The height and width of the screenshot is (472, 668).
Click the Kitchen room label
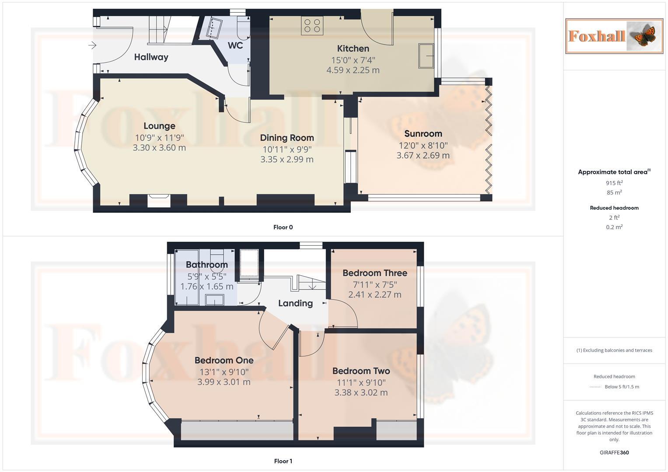pyautogui.click(x=353, y=49)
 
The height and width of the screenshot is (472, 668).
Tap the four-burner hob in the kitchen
pyautogui.click(x=311, y=25)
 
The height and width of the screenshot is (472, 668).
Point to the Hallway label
pyautogui.click(x=151, y=57)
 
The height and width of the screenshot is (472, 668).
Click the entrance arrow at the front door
pyautogui.click(x=92, y=45)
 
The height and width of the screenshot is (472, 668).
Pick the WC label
pyautogui.click(x=235, y=45)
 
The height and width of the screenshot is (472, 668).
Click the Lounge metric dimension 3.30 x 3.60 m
pyautogui.click(x=159, y=148)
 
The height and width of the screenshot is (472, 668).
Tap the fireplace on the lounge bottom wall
pyautogui.click(x=158, y=201)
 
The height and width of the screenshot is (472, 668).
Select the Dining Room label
pyautogui.click(x=287, y=138)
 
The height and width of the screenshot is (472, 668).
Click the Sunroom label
pyautogui.click(x=423, y=134)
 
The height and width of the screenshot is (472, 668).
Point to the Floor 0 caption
pyautogui.click(x=283, y=227)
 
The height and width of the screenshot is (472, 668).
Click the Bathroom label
pyautogui.click(x=206, y=264)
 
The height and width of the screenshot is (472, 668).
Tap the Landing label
pyautogui.click(x=295, y=303)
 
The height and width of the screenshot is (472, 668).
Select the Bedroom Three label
pyautogui.click(x=374, y=273)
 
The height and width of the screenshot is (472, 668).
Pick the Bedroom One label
pyautogui.click(x=224, y=361)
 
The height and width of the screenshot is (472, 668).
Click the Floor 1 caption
pyautogui.click(x=283, y=461)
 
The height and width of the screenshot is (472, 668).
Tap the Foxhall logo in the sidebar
pyautogui.click(x=614, y=36)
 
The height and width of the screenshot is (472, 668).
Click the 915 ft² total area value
pyautogui.click(x=614, y=183)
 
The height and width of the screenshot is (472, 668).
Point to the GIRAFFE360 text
pyautogui.click(x=614, y=452)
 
